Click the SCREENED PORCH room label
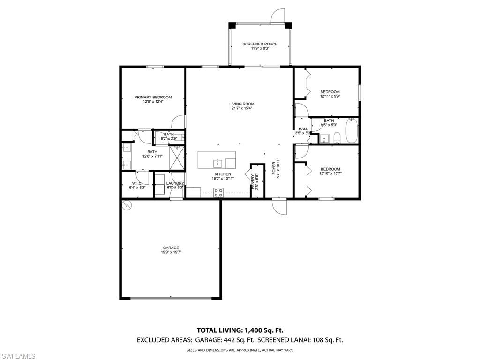click(x=260, y=44)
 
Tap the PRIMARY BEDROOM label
click(x=153, y=97)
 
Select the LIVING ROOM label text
click(x=241, y=104)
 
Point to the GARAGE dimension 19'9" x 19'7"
click(x=171, y=252)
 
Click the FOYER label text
click(x=275, y=168)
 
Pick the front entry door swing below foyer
click(x=279, y=206)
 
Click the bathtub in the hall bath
click(x=352, y=131)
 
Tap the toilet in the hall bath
click(x=337, y=137)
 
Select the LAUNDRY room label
click(x=175, y=183)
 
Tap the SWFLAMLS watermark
click(x=18, y=356)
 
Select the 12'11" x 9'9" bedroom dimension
click(x=330, y=96)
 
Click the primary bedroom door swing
click(x=179, y=122)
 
